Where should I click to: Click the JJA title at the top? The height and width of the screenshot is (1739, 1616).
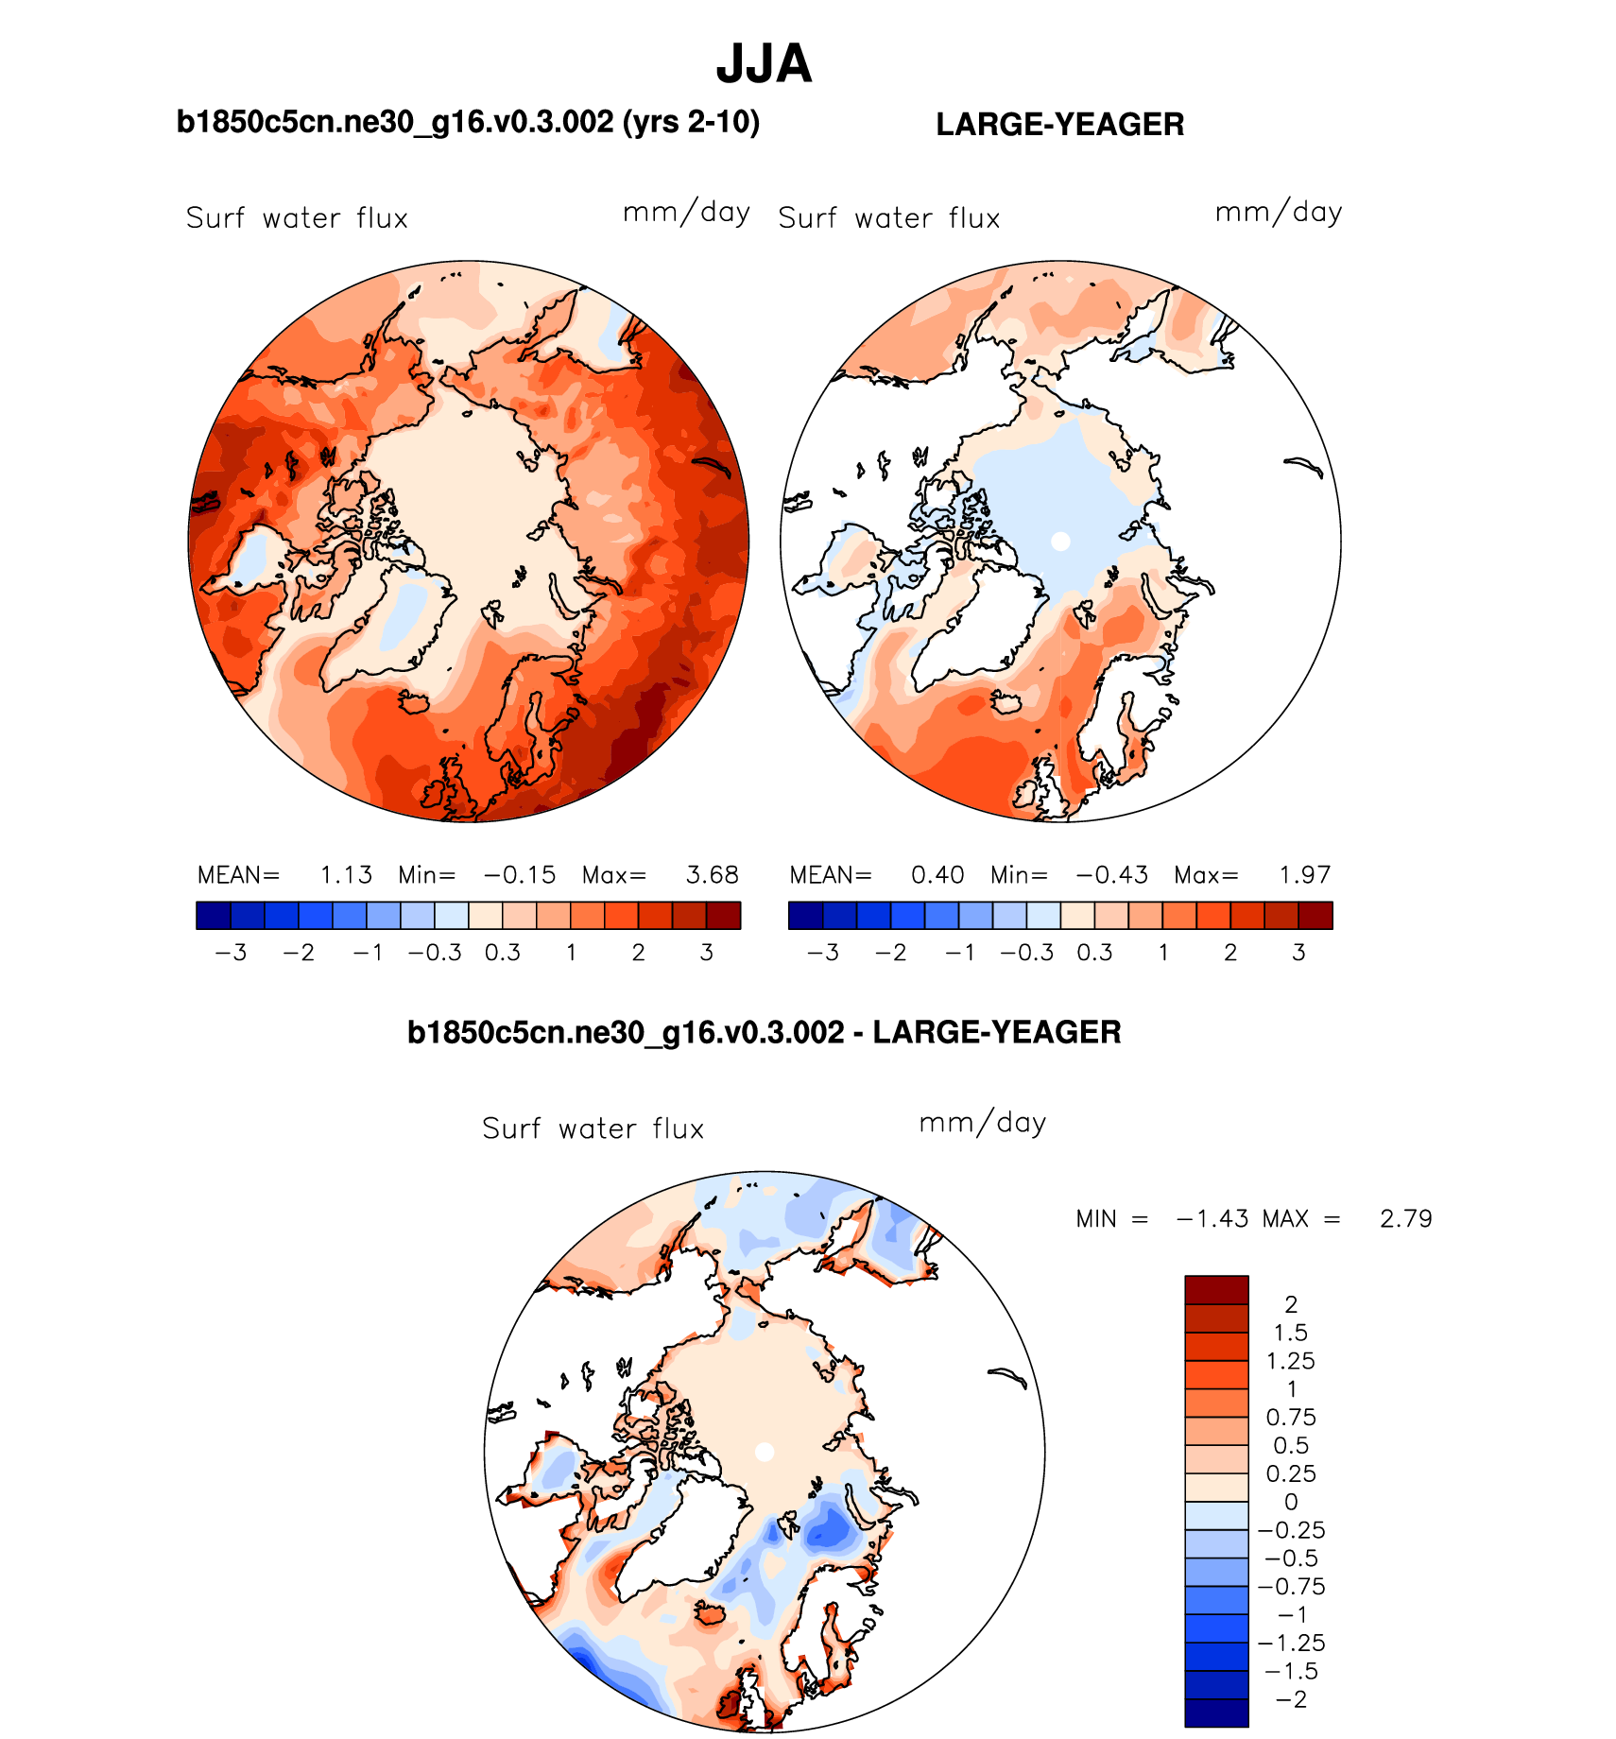[764, 64]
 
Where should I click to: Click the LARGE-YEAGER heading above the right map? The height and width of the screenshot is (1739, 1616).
[1059, 125]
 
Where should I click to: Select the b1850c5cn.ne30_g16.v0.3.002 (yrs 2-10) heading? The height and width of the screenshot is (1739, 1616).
[468, 123]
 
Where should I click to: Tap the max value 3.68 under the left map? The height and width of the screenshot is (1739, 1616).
[712, 875]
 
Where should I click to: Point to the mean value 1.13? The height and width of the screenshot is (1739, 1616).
[346, 875]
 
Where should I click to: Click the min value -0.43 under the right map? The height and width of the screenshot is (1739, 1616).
[1111, 875]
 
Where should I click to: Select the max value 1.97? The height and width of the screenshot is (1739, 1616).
[1304, 875]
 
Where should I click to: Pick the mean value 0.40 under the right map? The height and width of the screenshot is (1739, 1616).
[937, 875]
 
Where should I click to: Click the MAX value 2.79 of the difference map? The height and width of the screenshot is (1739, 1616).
[1405, 1219]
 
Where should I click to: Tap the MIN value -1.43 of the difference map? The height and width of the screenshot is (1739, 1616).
[1212, 1219]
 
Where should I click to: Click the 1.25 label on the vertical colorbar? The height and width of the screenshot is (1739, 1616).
[1290, 1361]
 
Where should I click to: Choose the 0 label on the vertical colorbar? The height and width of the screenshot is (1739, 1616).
[1291, 1502]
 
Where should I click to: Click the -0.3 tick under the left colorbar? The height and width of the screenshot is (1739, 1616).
[435, 953]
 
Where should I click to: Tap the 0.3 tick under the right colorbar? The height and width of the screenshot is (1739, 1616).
[1094, 953]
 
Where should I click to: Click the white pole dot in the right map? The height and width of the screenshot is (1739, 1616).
[1060, 542]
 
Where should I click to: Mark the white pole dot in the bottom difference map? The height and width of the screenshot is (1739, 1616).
[765, 1452]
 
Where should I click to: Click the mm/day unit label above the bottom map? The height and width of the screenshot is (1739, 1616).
[982, 1124]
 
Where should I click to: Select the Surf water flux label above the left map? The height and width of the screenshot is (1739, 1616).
[297, 218]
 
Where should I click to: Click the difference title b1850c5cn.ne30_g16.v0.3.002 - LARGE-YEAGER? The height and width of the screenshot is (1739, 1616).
[764, 1032]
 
